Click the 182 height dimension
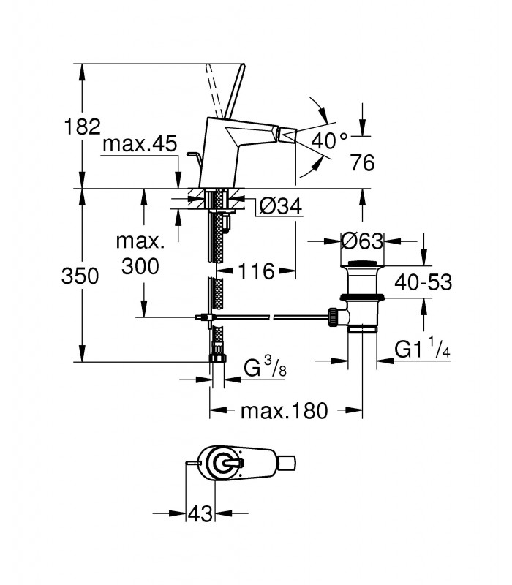pos(83,127)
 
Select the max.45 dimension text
pos(140,143)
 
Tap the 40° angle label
pos(330,140)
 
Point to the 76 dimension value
pos(362,162)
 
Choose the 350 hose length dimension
pos(80,276)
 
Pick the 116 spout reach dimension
pos(256,271)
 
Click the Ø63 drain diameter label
pos(362,241)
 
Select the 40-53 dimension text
pos(423,282)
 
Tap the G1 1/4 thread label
pos(423,350)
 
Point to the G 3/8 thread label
pos(265,367)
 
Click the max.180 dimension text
pos(285,411)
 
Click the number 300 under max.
pos(140,266)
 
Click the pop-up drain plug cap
pos(362,263)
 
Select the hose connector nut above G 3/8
pos(217,358)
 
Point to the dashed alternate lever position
pos(216,91)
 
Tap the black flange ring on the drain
pos(362,298)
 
